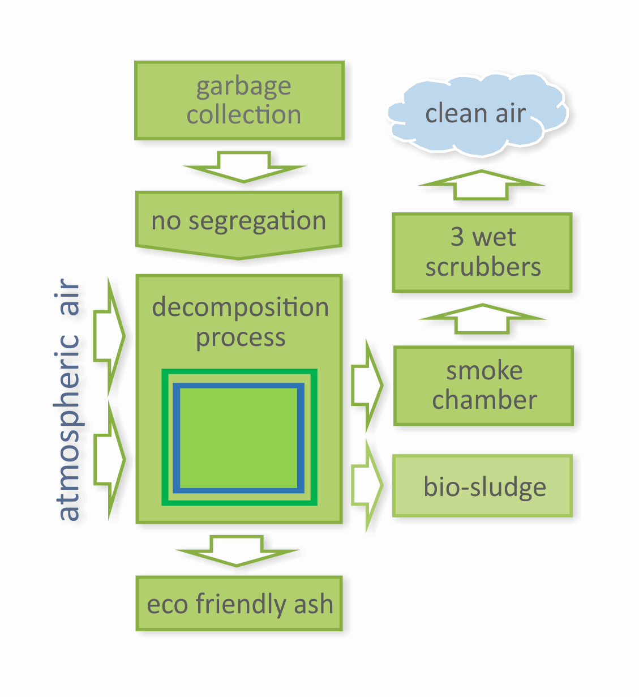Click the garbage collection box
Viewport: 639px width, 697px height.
[239, 100]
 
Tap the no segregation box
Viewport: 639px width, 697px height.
[238, 221]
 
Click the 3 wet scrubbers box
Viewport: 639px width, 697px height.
[482, 253]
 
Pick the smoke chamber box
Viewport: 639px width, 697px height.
[483, 386]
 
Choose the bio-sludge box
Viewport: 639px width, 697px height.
[483, 486]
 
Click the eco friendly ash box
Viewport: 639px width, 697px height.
[239, 604]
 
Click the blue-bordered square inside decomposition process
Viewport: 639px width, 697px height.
[238, 438]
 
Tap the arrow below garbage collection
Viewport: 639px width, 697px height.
[244, 166]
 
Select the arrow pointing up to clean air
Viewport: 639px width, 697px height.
[482, 185]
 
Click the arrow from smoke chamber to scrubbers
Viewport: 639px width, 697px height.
[482, 319]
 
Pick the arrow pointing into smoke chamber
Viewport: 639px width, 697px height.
[367, 386]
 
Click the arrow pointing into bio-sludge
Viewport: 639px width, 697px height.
[367, 485]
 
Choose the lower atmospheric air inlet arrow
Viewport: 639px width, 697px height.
[109, 459]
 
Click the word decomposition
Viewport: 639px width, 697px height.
[240, 307]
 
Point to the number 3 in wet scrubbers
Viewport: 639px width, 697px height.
[457, 237]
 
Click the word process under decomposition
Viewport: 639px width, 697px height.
[241, 338]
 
